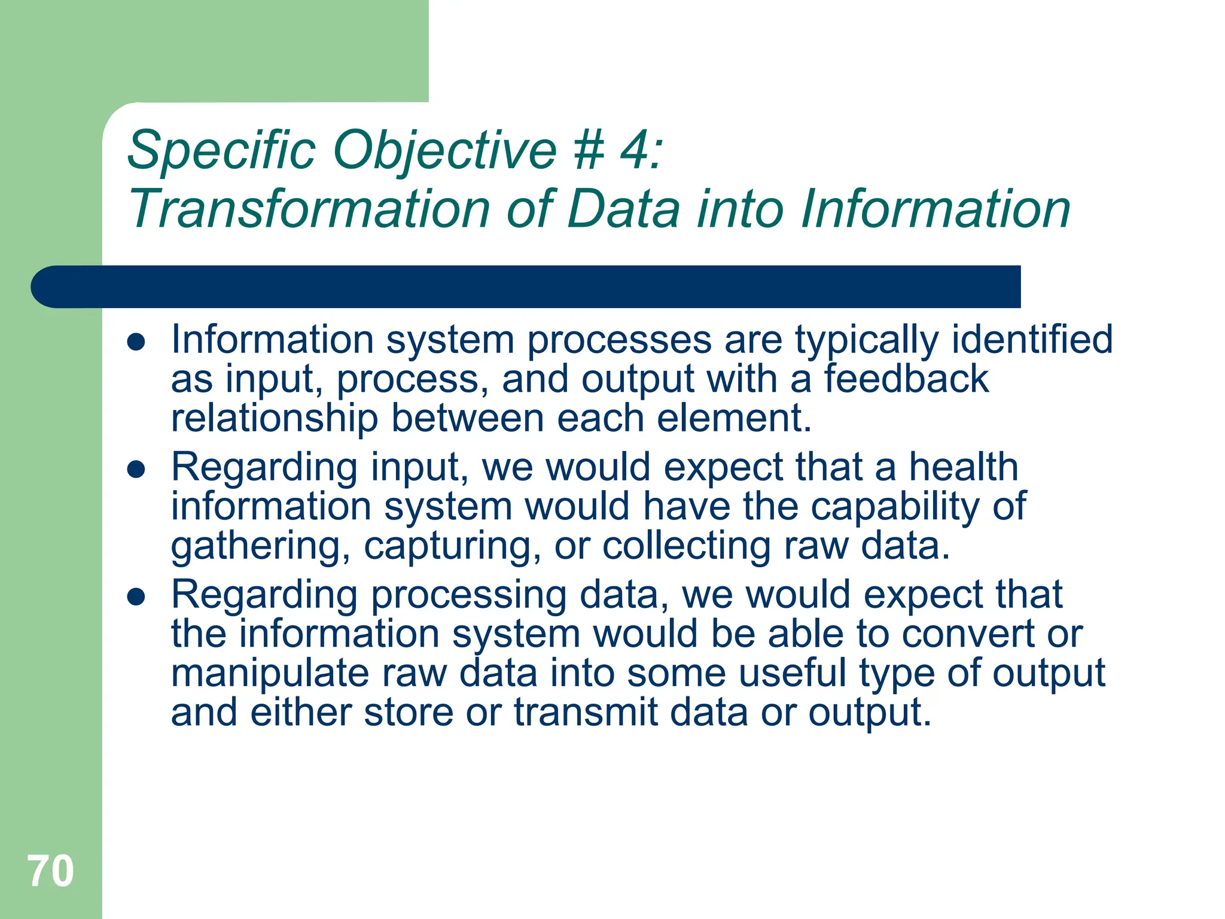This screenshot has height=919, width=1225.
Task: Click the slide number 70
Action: tap(51, 872)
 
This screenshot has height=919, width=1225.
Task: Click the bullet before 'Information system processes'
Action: tap(136, 342)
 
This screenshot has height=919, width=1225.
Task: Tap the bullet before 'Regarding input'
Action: tap(136, 470)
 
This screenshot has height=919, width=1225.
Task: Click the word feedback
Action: tap(906, 379)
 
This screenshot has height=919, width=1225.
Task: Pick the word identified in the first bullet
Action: tap(1031, 339)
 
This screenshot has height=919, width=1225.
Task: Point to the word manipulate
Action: tap(270, 674)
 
